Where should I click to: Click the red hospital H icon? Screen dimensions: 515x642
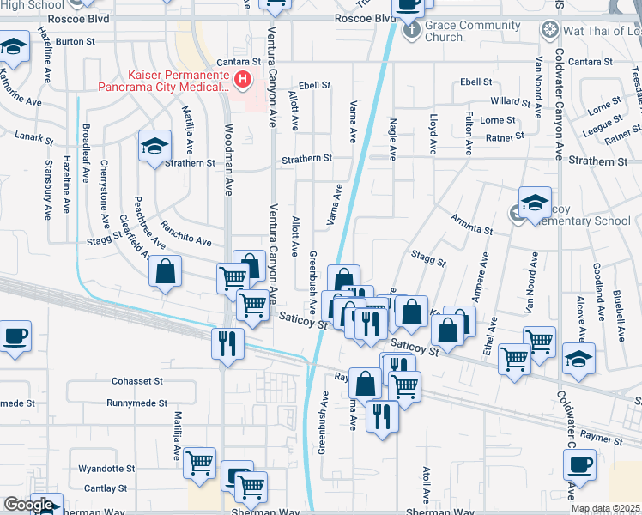click(243, 82)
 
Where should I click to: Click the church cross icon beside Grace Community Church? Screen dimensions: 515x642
click(411, 31)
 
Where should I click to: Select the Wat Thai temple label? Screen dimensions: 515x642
click(601, 31)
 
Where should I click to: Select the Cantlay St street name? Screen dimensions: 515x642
click(106, 488)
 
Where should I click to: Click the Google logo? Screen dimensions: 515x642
click(27, 505)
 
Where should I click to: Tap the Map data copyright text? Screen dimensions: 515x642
click(606, 508)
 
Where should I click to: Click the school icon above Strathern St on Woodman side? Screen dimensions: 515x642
click(154, 147)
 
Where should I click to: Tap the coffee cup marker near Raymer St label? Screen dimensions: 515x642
click(579, 467)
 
